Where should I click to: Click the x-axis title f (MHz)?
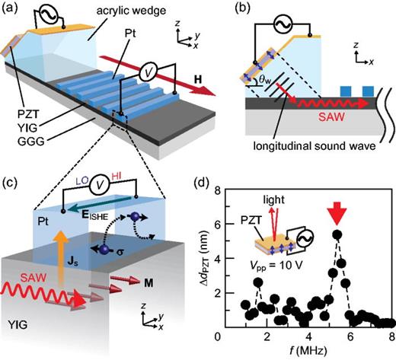312,352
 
